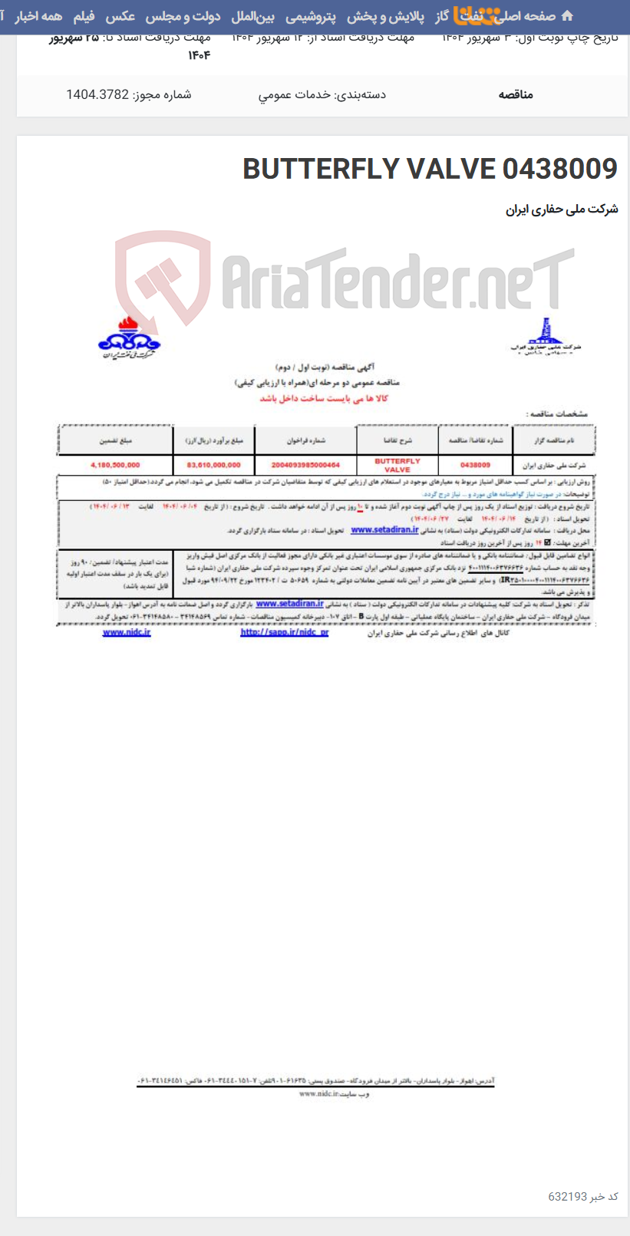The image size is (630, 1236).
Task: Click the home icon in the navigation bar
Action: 567,16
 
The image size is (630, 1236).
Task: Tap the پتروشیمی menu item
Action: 311,16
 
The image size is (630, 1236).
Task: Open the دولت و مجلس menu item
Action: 183,16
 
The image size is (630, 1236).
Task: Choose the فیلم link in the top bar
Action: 84,16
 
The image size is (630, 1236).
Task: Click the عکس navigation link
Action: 120,16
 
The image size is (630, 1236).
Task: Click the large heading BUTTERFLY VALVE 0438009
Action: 430,169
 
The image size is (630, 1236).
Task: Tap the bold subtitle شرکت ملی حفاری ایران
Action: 562,209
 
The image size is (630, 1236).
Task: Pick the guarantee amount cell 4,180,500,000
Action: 115,465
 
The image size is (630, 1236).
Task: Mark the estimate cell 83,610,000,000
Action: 213,465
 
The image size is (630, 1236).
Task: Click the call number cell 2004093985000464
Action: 305,465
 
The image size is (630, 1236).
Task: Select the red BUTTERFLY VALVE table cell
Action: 397,465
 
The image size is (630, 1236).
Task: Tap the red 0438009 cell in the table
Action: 475,465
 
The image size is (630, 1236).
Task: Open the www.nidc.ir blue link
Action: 127,632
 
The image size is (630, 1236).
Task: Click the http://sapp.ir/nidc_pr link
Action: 284,632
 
